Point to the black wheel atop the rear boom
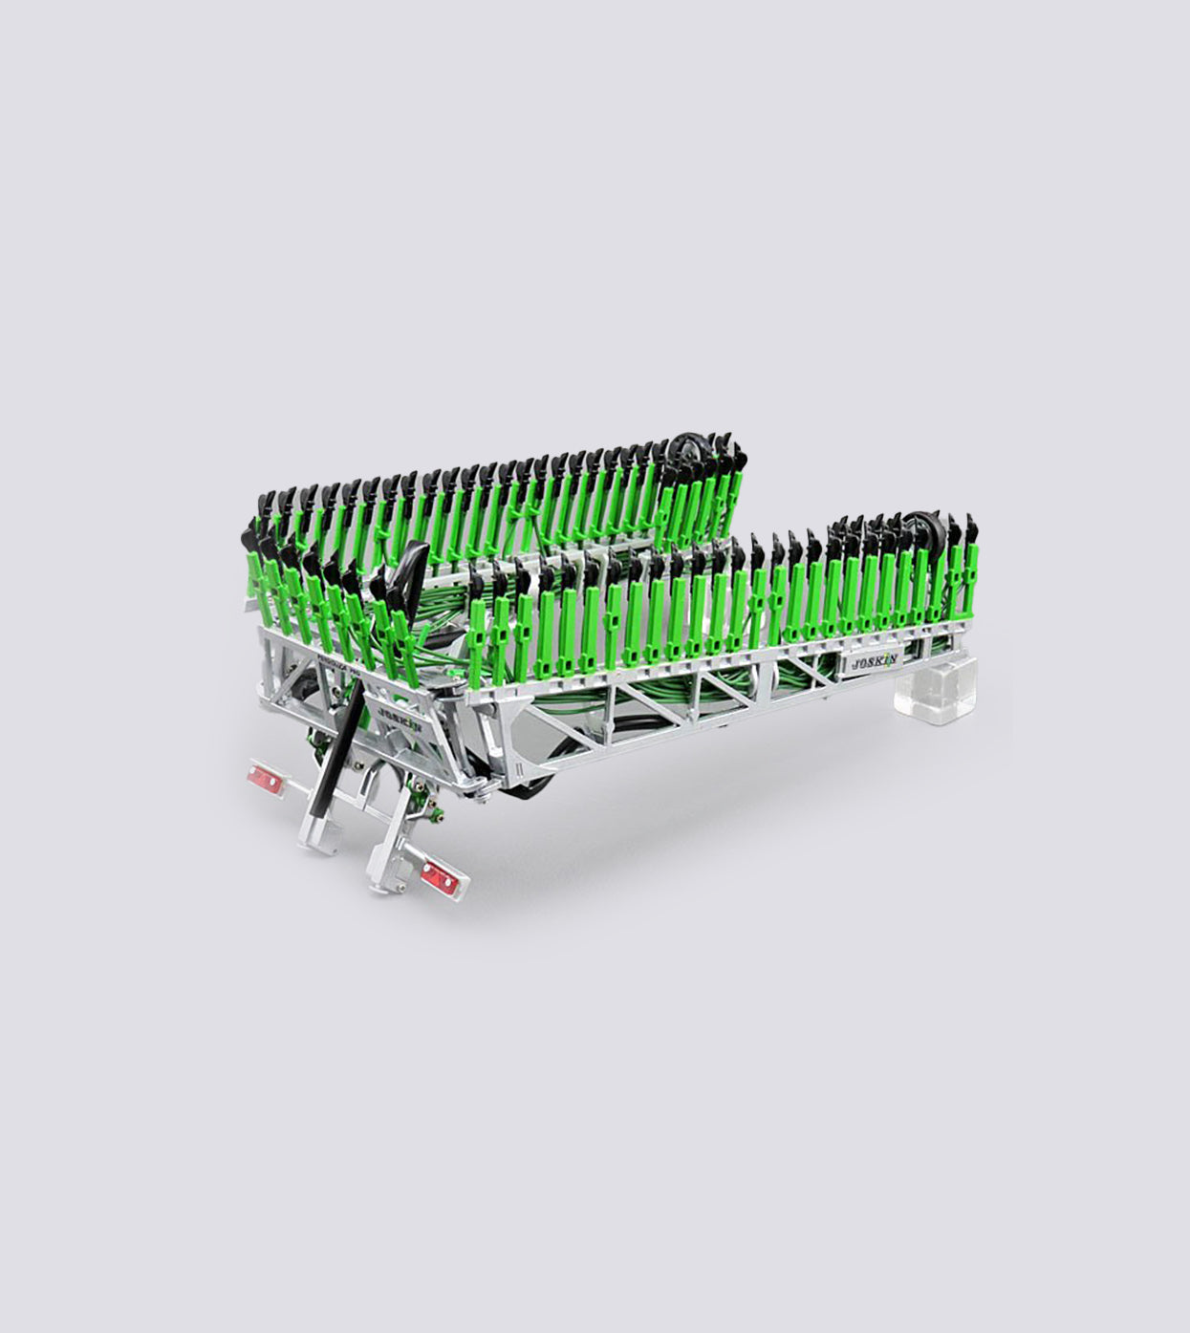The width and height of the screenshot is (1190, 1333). [x=683, y=450]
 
